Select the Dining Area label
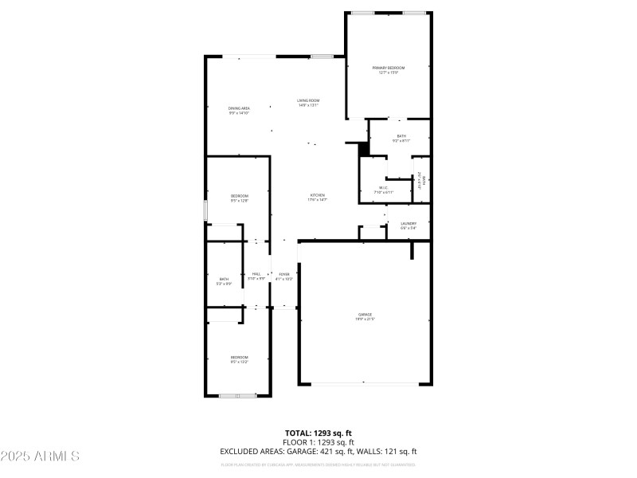tap(240, 110)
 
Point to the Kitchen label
tap(318, 197)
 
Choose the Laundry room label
tap(408, 225)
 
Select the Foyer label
tap(284, 276)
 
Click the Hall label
tap(256, 276)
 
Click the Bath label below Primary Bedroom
tap(401, 138)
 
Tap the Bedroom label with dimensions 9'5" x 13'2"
tap(240, 359)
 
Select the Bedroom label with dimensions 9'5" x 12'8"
tap(240, 198)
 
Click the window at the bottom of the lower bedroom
tap(237, 395)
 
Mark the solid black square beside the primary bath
tap(365, 149)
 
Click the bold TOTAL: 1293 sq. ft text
tap(318, 433)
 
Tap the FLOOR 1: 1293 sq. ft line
tap(318, 442)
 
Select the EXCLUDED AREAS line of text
tap(318, 452)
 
